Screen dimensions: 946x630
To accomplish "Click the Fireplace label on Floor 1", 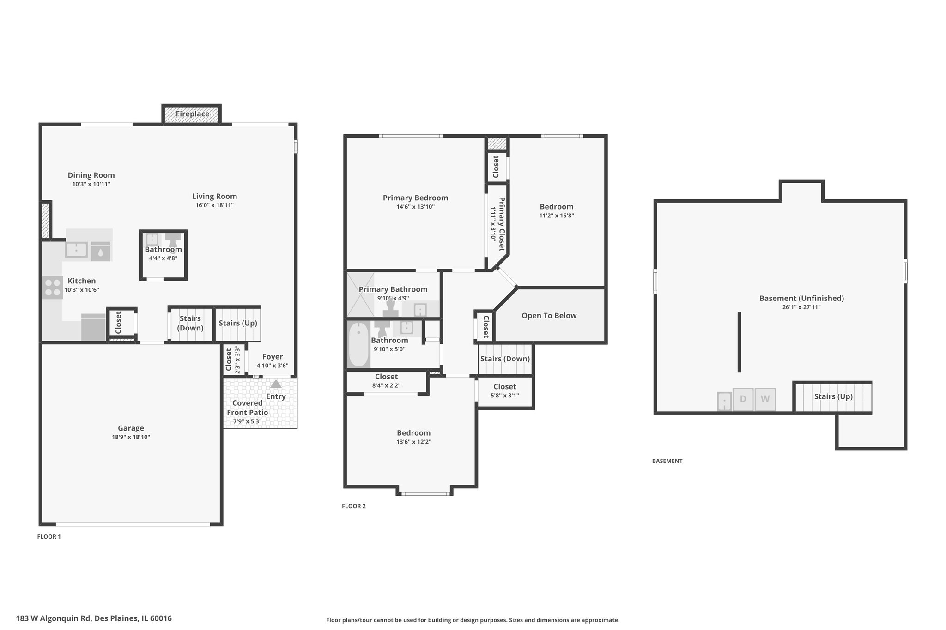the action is (192, 114).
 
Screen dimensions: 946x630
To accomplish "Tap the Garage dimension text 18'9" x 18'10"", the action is (131, 437).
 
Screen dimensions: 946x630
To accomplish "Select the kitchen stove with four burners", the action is (53, 287).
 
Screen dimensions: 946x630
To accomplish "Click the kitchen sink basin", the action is (76, 250).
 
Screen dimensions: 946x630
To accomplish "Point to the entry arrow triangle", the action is (276, 384).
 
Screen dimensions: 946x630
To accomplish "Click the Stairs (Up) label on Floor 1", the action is (238, 323).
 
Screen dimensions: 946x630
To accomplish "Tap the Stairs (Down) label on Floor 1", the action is (190, 323).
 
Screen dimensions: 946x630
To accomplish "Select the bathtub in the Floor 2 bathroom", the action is (358, 344).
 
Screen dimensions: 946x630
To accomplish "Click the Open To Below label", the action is (549, 316).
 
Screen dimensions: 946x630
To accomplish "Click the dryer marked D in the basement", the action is (743, 399).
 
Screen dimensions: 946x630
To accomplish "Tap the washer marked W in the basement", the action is (765, 399).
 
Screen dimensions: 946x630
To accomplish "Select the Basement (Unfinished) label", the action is (801, 298).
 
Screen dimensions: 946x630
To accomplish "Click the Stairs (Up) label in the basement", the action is (833, 396).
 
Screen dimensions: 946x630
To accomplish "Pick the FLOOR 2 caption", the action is (354, 506).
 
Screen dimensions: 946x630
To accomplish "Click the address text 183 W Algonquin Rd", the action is (55, 618).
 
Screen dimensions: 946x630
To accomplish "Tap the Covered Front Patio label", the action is (248, 408).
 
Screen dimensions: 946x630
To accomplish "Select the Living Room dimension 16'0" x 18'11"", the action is (214, 205).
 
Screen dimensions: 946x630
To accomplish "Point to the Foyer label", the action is (273, 357).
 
